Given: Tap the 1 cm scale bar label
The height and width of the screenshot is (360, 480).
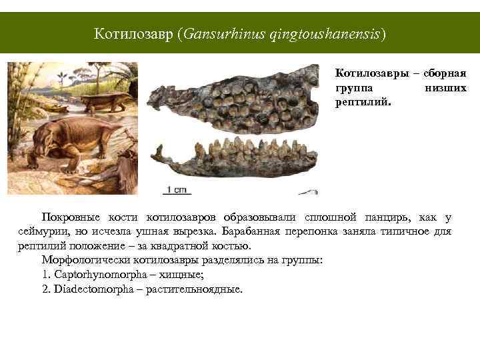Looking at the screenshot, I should click(177, 189).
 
